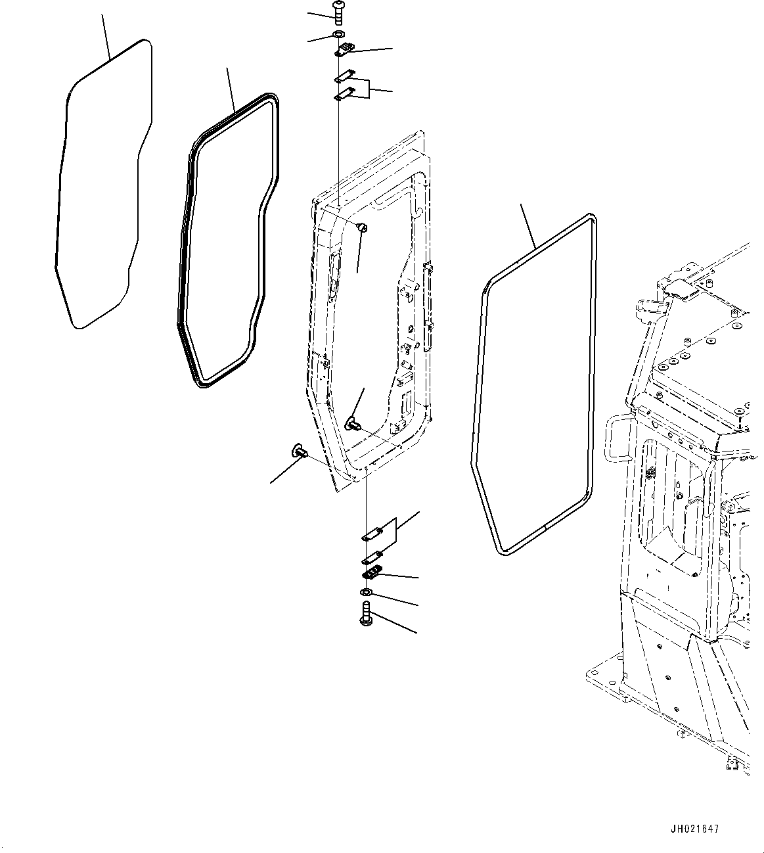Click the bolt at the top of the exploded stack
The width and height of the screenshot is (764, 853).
(338, 11)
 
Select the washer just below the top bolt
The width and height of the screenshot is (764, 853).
(338, 34)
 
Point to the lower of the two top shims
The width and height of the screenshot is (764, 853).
(343, 95)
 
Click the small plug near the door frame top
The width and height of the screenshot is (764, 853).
(361, 227)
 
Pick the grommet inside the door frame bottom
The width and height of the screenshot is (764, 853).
(354, 421)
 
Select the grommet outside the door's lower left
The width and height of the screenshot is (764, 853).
(300, 451)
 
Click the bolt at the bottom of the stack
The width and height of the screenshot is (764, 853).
(366, 616)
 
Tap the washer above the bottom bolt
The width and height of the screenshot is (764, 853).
(366, 594)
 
